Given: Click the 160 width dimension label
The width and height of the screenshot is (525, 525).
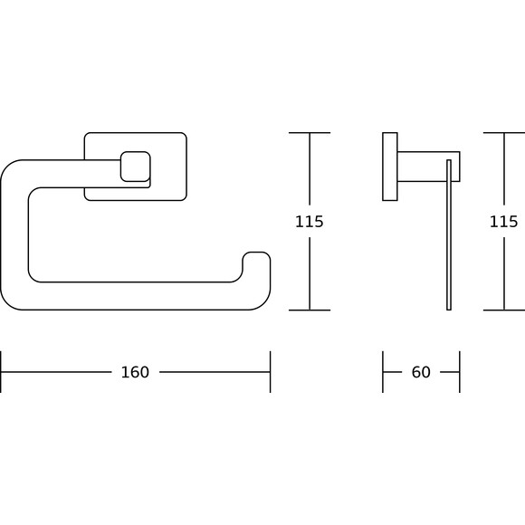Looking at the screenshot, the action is [135, 372].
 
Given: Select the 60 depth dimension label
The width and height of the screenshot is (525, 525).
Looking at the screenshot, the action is [421, 372].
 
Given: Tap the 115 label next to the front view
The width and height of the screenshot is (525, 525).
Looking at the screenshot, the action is [310, 222].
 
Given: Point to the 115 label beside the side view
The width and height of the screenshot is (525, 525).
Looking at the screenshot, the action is [504, 222].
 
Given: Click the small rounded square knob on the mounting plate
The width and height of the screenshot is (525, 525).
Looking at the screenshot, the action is [135, 167].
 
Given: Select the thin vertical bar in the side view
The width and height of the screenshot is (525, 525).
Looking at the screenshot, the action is [449, 234].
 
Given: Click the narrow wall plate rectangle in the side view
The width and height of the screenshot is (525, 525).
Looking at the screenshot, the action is [390, 167].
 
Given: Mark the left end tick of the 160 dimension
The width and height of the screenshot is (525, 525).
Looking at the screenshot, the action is [1, 372].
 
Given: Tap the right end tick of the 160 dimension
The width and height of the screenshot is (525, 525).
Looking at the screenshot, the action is [271, 372].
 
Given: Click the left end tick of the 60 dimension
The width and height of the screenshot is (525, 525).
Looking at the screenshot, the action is [383, 372].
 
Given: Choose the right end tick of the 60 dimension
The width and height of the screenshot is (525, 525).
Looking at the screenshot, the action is [460, 372].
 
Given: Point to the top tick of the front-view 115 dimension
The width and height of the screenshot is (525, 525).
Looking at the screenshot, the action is [310, 133].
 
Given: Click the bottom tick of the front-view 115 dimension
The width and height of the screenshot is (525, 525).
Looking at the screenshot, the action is [310, 310].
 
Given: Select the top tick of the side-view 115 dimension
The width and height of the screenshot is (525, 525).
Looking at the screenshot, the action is [504, 133].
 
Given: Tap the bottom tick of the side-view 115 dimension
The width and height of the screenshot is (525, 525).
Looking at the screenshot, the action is [504, 310].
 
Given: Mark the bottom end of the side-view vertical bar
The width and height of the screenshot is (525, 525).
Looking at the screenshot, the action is [449, 310].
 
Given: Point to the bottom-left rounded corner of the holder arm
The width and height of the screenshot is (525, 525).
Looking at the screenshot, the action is [7, 303].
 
